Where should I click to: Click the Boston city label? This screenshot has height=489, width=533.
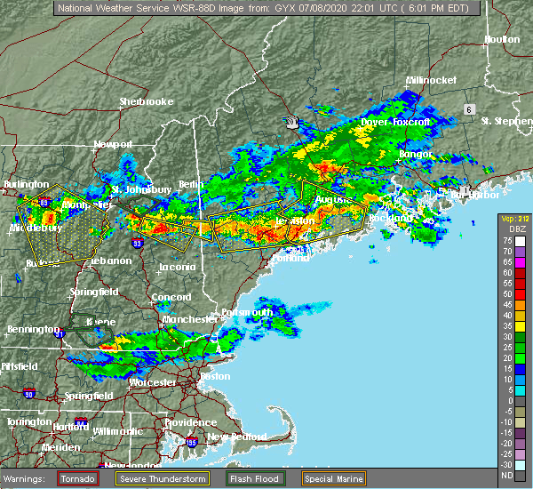[x=216, y=376]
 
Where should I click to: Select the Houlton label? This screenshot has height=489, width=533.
[x=501, y=40]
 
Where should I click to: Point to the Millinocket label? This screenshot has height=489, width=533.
[x=431, y=80]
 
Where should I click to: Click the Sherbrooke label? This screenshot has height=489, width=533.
[x=147, y=101]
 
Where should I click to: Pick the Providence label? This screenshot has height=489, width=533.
[x=190, y=422]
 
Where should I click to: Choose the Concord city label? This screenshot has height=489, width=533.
[x=171, y=297]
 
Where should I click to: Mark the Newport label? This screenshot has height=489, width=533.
[x=113, y=144]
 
